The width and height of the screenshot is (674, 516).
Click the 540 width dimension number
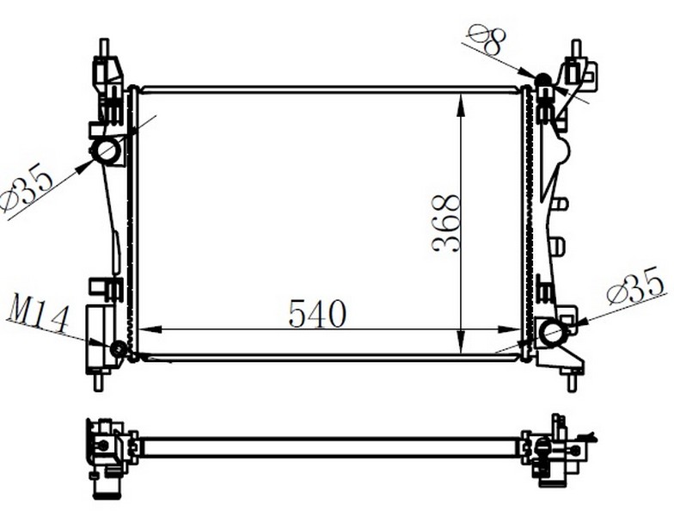click(x=317, y=314)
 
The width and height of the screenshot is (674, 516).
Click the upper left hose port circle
click(x=107, y=152)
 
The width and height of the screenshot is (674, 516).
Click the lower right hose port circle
click(x=551, y=331)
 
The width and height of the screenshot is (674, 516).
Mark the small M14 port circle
click(x=119, y=349)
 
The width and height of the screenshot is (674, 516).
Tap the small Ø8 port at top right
click(x=542, y=82)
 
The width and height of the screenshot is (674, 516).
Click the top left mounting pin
click(x=104, y=47)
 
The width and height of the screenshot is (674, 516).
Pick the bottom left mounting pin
click(x=98, y=381)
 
